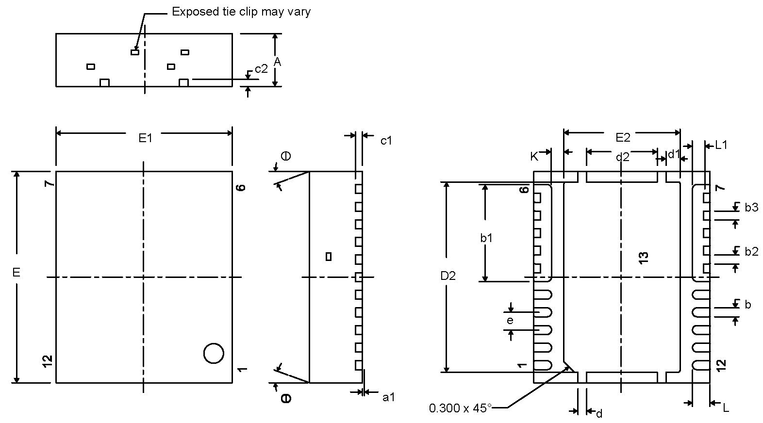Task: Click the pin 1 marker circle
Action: click(x=214, y=353)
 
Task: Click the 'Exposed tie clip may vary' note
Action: click(x=241, y=12)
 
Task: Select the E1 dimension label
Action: click(x=146, y=139)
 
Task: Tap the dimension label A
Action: click(x=277, y=62)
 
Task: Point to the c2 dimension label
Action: click(x=261, y=69)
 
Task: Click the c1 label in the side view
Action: click(x=386, y=141)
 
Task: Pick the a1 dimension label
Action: click(x=389, y=398)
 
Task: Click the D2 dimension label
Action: click(x=448, y=276)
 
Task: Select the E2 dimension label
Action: click(x=623, y=138)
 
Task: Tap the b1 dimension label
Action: click(x=486, y=238)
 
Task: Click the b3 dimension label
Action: click(x=751, y=208)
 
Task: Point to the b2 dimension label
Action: click(x=751, y=251)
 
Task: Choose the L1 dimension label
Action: click(x=721, y=145)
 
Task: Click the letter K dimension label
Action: click(x=534, y=156)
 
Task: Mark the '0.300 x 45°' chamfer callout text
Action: click(x=460, y=408)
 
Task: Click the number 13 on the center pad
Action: click(x=644, y=258)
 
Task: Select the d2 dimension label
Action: click(x=622, y=157)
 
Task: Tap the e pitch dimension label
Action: click(x=510, y=321)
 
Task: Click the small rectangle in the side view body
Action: click(x=329, y=256)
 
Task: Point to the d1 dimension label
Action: click(x=674, y=155)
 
